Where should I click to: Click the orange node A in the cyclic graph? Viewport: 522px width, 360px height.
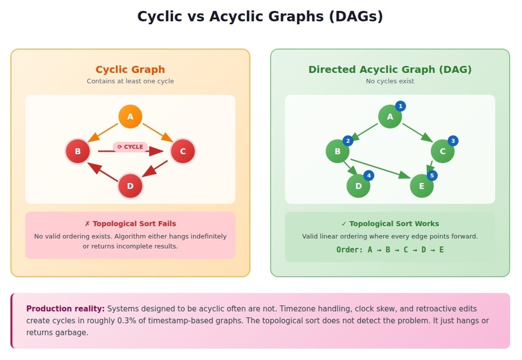click(x=130, y=117)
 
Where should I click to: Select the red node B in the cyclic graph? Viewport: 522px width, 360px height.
click(x=78, y=151)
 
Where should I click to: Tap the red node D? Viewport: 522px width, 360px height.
click(x=130, y=186)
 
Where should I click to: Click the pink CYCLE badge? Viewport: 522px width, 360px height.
click(x=130, y=147)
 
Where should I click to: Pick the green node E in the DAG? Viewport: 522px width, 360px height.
click(x=422, y=186)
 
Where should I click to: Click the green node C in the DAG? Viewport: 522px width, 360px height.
click(x=443, y=151)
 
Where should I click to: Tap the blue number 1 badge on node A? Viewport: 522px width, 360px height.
click(x=401, y=106)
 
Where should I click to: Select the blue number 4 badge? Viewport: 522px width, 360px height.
click(x=369, y=176)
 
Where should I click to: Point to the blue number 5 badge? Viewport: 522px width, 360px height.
click(x=432, y=176)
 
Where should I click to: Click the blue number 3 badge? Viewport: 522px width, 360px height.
click(x=453, y=141)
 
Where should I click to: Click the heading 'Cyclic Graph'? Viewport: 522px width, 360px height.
click(x=130, y=70)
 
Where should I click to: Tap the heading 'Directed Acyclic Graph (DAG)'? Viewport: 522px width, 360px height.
click(x=390, y=70)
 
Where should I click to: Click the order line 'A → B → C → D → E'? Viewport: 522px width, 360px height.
click(x=390, y=249)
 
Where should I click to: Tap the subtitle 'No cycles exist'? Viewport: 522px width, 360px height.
click(x=390, y=81)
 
